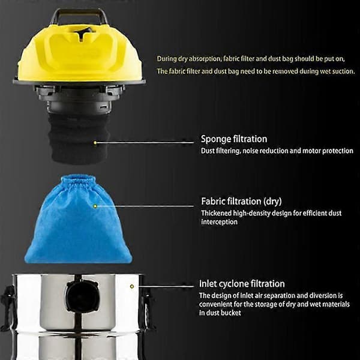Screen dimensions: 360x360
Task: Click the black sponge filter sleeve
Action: pyautogui.click(x=79, y=138)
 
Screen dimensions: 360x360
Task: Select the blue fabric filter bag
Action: pyautogui.click(x=78, y=219)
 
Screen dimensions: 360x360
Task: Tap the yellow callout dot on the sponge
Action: pyautogui.click(x=95, y=143)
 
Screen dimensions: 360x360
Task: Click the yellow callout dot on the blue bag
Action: pyautogui.click(x=95, y=206)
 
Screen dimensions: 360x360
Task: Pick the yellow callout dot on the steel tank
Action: pyautogui.click(x=132, y=286)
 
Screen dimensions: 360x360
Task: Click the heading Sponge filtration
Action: pyautogui.click(x=234, y=139)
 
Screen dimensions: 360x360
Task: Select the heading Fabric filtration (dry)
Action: pyautogui.click(x=241, y=202)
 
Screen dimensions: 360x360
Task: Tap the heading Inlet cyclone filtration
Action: pyautogui.click(x=242, y=284)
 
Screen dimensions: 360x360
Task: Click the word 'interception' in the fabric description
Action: pyautogui.click(x=219, y=222)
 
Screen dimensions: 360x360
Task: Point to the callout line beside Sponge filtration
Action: pyautogui.click(x=145, y=143)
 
